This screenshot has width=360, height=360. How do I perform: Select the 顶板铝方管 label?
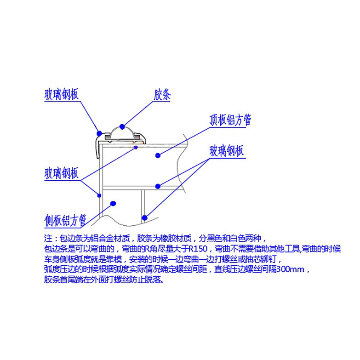tap(230, 120)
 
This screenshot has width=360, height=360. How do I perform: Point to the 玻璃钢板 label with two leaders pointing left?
tap(226, 151)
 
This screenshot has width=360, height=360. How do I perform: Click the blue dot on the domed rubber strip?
tap(122, 126)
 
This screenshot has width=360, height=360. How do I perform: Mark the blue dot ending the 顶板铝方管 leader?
tap(158, 155)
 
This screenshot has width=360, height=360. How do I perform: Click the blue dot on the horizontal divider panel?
tap(158, 186)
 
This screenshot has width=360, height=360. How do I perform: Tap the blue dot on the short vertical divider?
tap(144, 217)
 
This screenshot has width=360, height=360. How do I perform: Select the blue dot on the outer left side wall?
tap(99, 195)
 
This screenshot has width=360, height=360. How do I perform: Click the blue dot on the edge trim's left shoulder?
tap(99, 133)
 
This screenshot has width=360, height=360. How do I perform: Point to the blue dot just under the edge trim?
tap(136, 148)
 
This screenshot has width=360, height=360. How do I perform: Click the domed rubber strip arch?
tap(122, 131)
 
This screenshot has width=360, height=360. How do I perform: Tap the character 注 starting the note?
tap(47, 239)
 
